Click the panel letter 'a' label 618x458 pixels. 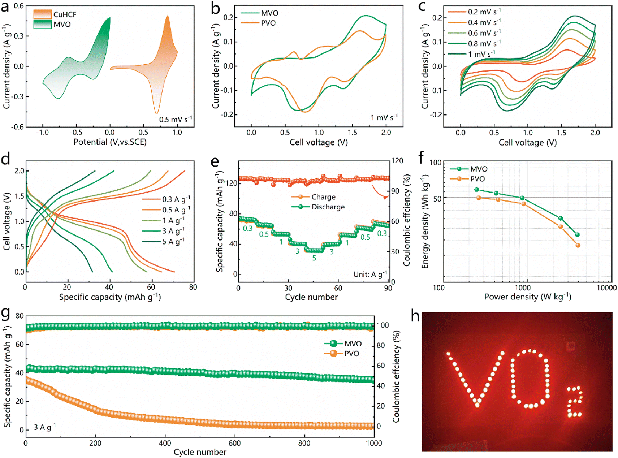5,7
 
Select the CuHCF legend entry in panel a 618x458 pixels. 55,14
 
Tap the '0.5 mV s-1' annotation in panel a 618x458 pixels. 176,119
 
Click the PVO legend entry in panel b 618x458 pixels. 258,23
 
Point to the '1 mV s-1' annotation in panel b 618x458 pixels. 384,117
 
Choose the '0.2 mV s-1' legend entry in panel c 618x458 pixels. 474,12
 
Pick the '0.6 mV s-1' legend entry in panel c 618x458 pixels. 474,33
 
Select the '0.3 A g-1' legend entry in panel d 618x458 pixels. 166,199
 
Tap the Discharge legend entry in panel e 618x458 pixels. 318,207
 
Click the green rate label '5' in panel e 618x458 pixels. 314,258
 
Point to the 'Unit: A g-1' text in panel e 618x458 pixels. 370,274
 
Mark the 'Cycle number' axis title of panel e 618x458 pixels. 311,297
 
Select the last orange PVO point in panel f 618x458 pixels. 578,245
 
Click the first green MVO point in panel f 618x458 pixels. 476,190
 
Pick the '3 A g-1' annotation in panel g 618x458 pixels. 45,427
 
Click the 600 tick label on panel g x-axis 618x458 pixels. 235,443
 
